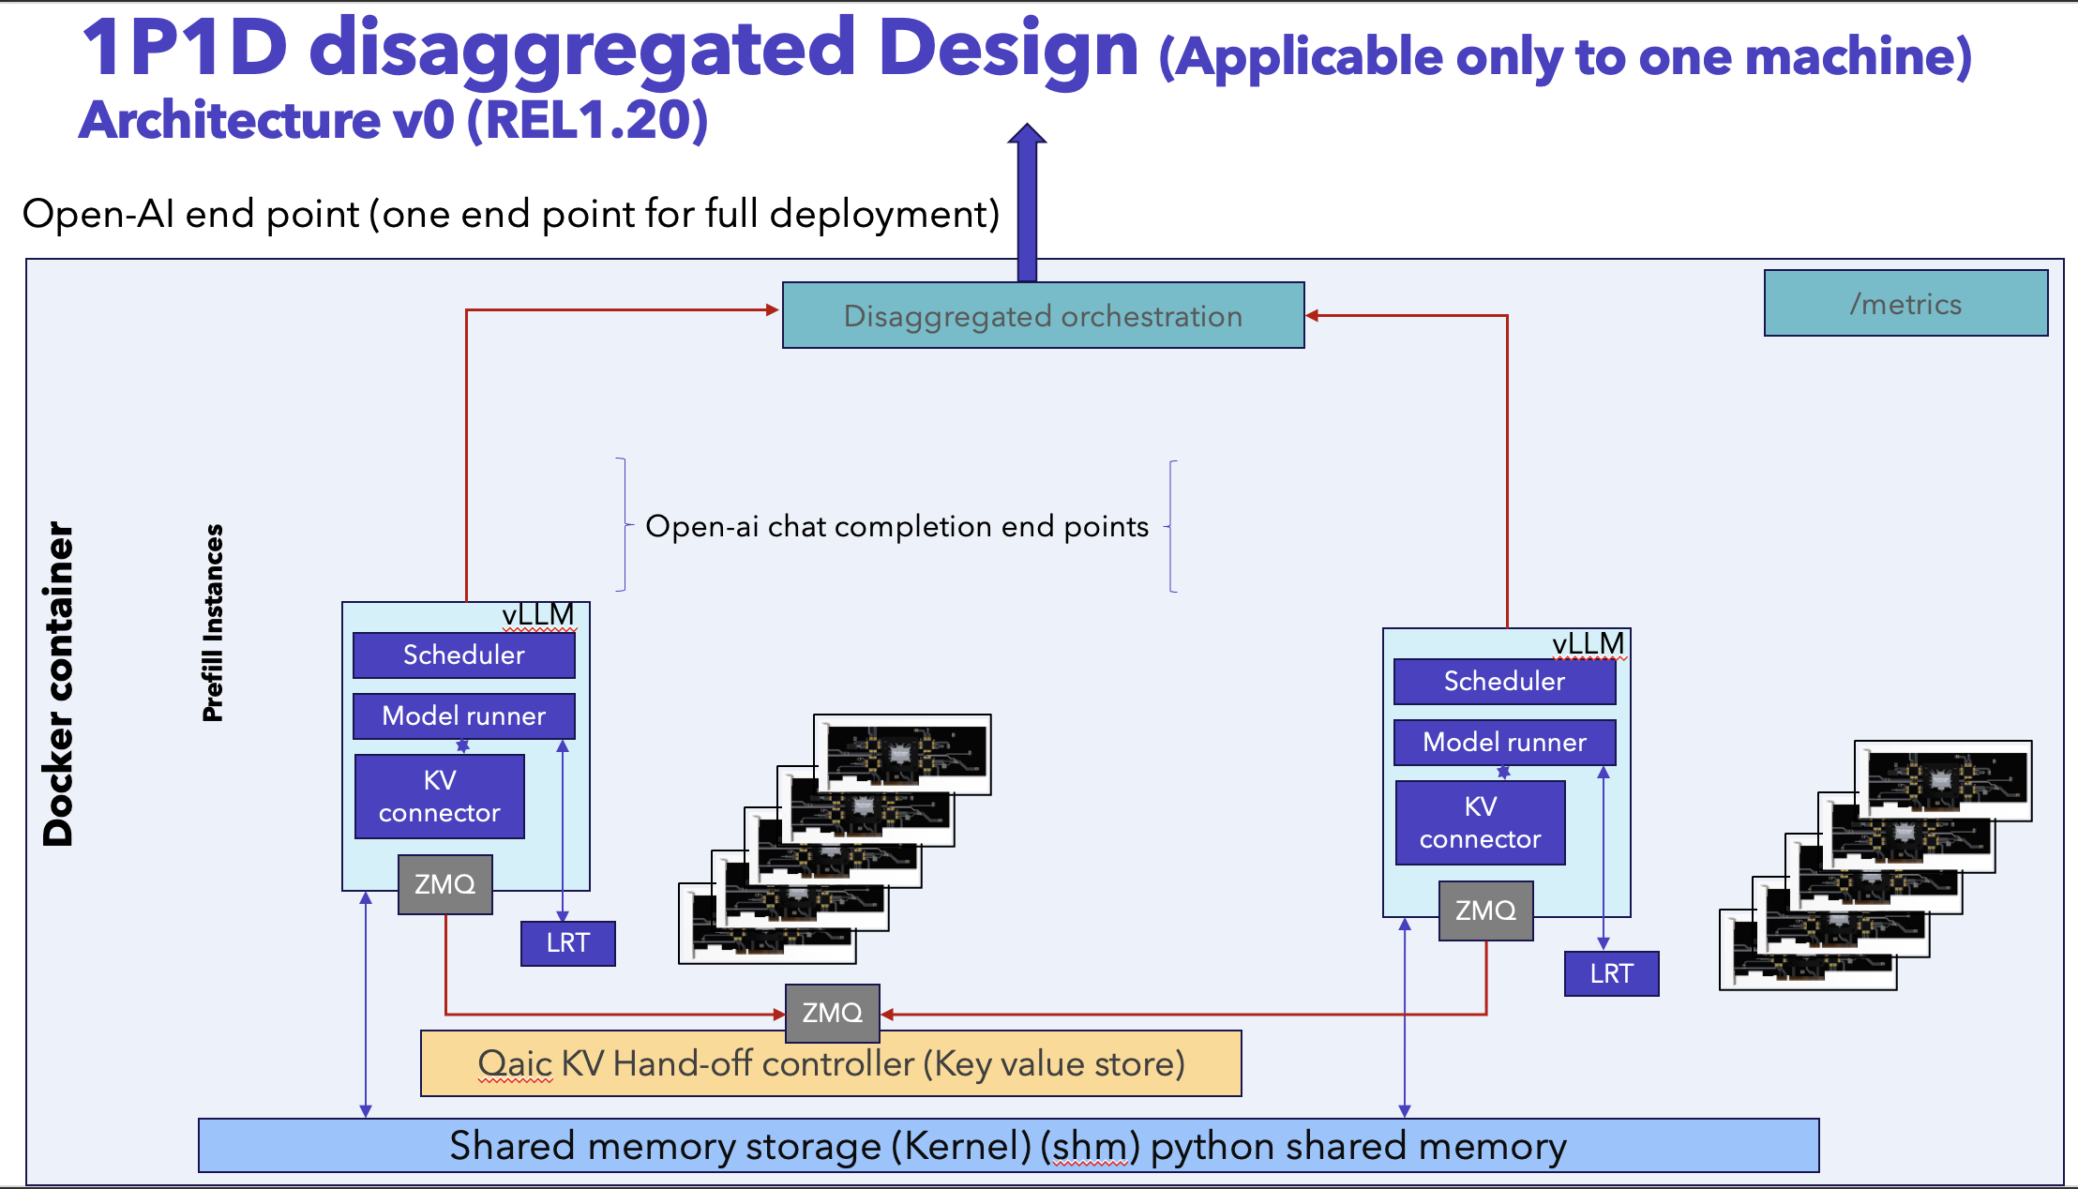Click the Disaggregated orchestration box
(x=1043, y=315)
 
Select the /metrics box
(x=1905, y=303)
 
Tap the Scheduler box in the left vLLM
(x=464, y=655)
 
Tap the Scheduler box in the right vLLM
(x=1504, y=681)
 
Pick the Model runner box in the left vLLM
(x=464, y=715)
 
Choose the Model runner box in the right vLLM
(x=1504, y=742)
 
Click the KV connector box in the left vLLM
(x=440, y=796)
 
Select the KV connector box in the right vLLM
(x=1480, y=822)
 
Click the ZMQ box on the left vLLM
(x=445, y=884)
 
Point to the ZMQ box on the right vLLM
(x=1486, y=911)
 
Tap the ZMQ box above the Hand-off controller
(x=833, y=1013)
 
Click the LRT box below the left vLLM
(x=568, y=943)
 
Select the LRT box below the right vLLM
(x=1612, y=973)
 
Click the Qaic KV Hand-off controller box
(x=831, y=1063)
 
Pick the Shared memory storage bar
(x=1009, y=1146)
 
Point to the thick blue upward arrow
(x=1028, y=203)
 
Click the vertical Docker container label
(x=58, y=685)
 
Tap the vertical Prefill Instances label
(x=214, y=623)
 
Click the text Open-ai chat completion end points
(x=897, y=526)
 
